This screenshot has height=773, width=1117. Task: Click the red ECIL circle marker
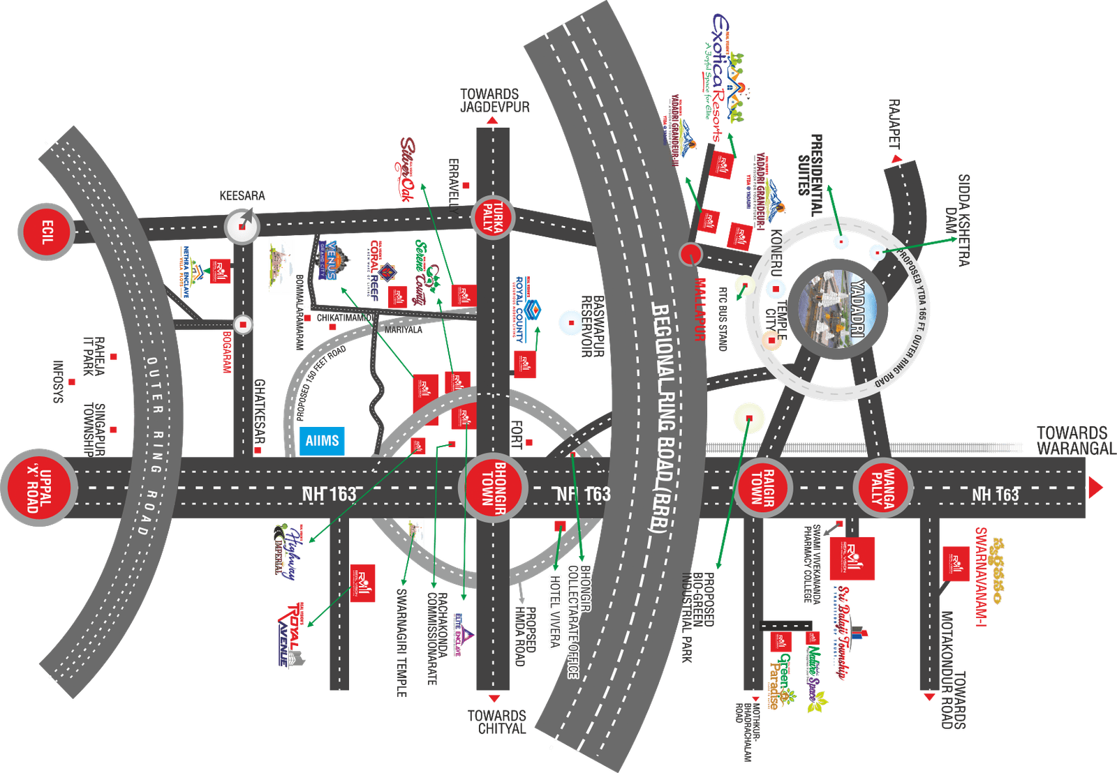tap(47, 232)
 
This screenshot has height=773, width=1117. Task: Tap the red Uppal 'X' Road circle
tap(38, 486)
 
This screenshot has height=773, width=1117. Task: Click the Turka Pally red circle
tap(492, 216)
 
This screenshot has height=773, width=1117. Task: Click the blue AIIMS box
tap(322, 441)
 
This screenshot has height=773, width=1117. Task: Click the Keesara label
tap(242, 195)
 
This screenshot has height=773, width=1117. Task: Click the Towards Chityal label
tap(497, 722)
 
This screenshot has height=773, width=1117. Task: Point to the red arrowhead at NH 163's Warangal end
tap(1096, 486)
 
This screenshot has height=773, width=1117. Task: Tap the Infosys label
tap(59, 382)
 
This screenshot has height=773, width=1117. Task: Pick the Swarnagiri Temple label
tap(401, 643)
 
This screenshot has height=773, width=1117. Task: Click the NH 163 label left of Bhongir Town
tap(329, 494)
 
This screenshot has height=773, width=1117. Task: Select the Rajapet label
tap(894, 123)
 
